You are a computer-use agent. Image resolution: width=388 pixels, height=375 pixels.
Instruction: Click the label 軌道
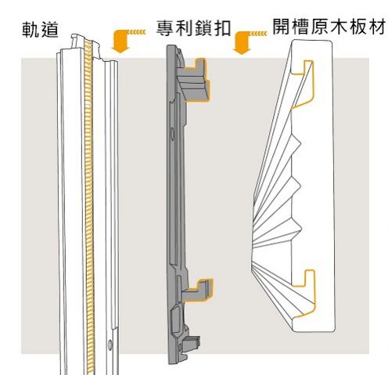[x=41, y=30]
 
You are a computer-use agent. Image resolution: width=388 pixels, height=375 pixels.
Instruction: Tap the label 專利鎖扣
[x=193, y=28]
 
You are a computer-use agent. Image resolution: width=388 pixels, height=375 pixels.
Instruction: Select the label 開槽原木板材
[x=329, y=27]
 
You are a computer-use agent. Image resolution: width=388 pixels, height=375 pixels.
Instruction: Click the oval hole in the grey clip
[x=172, y=135]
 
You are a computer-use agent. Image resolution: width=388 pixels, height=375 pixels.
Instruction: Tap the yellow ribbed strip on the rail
[x=89, y=206]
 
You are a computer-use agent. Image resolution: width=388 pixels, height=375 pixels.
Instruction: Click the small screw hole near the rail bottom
[x=110, y=344]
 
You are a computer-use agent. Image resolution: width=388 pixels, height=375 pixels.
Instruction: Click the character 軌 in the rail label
[x=31, y=30]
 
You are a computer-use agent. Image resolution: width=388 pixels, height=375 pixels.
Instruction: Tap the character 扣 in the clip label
[x=222, y=28]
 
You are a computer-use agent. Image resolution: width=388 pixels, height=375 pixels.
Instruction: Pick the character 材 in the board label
[x=377, y=27]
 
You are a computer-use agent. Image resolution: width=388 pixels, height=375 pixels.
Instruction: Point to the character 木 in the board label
[x=339, y=27]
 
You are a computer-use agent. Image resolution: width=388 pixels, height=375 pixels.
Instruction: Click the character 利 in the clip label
[x=184, y=28]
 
